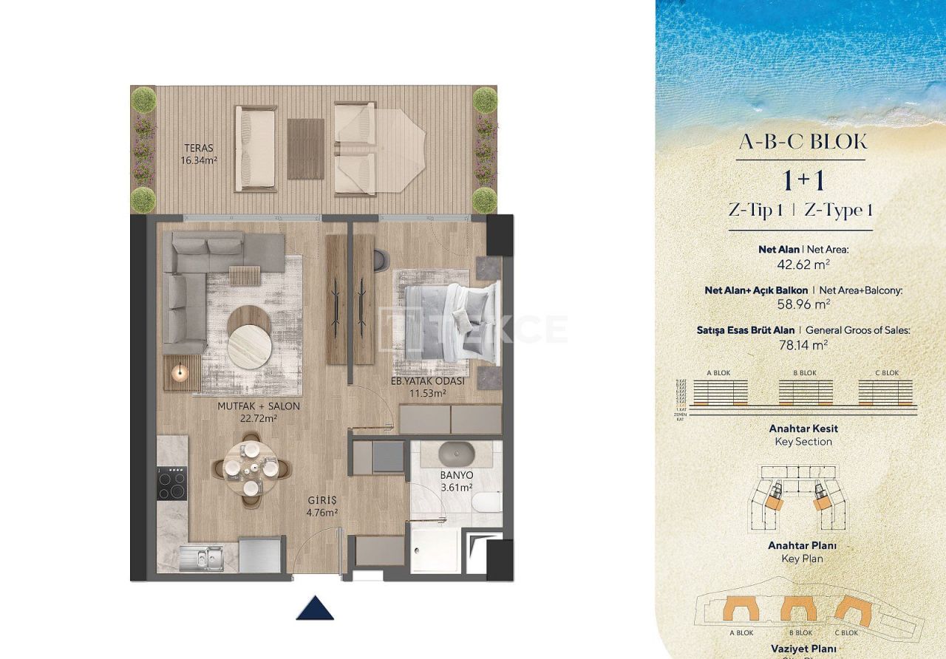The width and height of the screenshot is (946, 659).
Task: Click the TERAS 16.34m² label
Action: [197, 154]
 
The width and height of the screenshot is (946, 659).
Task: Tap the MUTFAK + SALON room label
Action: [248, 412]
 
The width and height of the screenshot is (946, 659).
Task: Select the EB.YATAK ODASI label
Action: [428, 388]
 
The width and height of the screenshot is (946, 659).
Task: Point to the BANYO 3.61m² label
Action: [456, 481]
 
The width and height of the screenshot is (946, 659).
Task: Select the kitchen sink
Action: [201, 557]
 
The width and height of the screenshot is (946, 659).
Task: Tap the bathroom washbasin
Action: [457, 451]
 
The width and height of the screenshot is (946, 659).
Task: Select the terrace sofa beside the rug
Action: [255, 148]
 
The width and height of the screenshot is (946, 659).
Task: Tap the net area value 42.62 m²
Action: [801, 263]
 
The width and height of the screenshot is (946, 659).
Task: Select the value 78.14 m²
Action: [801, 344]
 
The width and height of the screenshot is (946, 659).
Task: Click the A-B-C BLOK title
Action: [803, 143]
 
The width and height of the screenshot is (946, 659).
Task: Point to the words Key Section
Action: [803, 442]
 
